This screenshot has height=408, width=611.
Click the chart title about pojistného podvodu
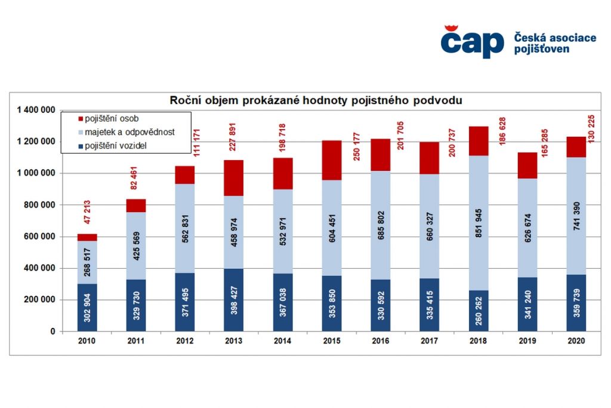point(316,100)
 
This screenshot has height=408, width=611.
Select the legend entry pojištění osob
point(113,119)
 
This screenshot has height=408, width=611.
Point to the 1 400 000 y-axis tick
point(36,110)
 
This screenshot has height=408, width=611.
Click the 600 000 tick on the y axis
point(42,237)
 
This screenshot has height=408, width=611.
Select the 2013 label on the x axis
point(233,340)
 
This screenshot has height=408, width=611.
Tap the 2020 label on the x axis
point(576,340)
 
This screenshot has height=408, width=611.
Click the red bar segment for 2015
point(332,160)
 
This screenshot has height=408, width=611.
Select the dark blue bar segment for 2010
point(87,307)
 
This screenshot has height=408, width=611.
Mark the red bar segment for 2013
point(233,178)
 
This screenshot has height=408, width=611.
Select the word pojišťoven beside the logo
point(542,49)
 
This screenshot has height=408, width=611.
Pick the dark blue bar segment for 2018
point(479,311)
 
